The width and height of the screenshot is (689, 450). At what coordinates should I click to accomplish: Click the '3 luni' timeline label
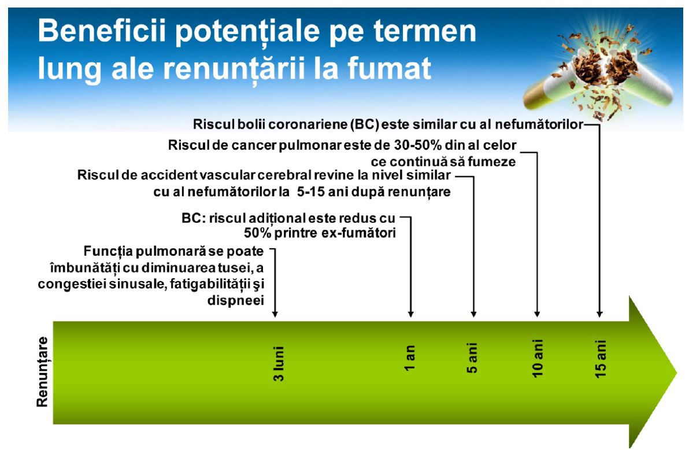coord(279,363)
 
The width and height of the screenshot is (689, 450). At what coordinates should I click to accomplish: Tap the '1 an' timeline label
coord(410,357)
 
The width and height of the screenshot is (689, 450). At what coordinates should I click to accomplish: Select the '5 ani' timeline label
coord(472,358)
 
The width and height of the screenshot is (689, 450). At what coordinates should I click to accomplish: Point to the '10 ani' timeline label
coord(538,358)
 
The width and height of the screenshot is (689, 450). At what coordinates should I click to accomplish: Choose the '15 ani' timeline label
coord(600,358)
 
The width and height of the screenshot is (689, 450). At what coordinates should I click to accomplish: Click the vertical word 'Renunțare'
coord(42,372)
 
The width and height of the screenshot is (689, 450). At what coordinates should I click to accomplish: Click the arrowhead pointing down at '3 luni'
coord(275,313)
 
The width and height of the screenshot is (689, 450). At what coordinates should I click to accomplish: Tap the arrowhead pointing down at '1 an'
coord(411,313)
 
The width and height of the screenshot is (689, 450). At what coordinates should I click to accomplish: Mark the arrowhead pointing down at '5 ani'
coord(474,313)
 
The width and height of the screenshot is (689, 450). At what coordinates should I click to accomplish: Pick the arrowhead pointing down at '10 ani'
coord(537,313)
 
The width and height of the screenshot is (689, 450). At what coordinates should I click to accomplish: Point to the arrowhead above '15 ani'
coord(599,313)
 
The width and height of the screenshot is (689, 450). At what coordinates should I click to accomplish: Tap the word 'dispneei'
coord(235,300)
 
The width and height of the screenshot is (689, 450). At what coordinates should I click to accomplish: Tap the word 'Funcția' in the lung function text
coord(108,252)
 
